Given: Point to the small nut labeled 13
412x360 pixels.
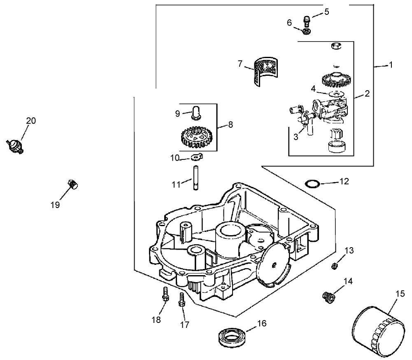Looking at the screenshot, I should tap(335, 266).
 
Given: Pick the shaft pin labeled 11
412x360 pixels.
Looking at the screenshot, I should tap(193, 177).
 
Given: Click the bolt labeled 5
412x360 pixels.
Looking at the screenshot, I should tap(306, 19).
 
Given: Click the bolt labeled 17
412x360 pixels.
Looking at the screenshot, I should tap(182, 300).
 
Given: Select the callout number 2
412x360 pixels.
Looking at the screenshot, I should tap(367, 94).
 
